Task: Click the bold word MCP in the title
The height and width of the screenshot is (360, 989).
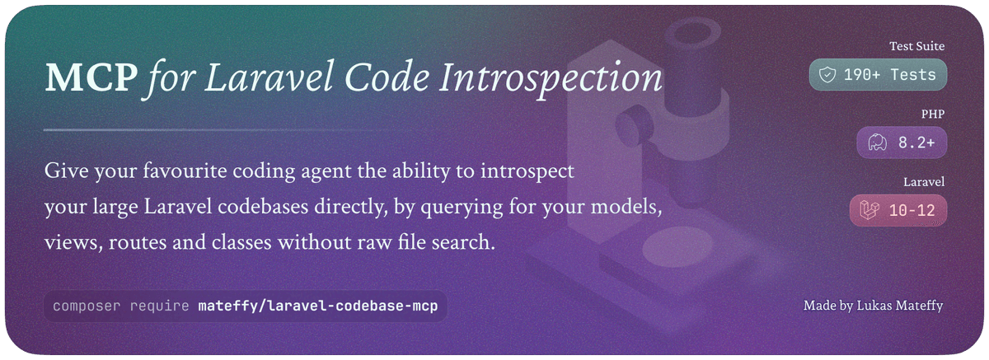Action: point(91,77)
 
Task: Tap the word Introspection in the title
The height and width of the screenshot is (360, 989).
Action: point(551,79)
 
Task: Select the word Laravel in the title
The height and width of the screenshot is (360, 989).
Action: point(269,77)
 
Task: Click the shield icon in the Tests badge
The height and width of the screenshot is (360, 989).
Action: point(827,75)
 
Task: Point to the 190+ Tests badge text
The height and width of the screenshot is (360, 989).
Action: point(889,75)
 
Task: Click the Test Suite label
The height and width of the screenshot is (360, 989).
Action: point(917,46)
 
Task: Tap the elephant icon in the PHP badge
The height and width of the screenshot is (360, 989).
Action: point(877,143)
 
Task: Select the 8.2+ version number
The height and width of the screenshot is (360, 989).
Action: point(916,143)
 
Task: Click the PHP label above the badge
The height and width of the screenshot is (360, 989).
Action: point(933,114)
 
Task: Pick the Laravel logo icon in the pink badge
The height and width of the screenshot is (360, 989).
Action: point(869,210)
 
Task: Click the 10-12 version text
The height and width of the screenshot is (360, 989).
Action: point(912,210)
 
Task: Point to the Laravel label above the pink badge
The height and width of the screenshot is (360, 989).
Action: point(924,182)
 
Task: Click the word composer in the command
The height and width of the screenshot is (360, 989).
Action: point(87,306)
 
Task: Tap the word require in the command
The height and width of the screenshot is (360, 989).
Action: point(159,306)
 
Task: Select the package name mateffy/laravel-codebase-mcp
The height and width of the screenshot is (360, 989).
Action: point(318,306)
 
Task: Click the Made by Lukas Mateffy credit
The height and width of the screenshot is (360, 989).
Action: point(873,306)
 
